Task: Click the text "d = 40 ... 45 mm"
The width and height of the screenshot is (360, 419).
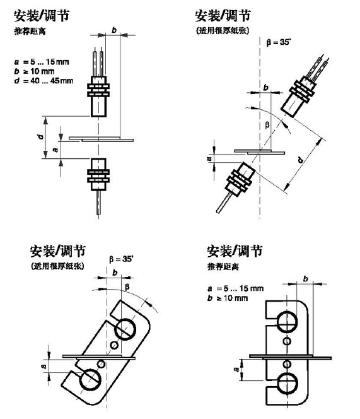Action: [x=44, y=81]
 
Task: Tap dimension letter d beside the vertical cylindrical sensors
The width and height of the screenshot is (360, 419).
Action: [x=40, y=137]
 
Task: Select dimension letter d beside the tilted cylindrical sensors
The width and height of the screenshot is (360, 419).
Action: [x=301, y=160]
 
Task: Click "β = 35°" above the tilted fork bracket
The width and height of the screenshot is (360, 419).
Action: [x=121, y=259]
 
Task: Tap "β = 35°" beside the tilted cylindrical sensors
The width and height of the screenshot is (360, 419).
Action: [x=278, y=42]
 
